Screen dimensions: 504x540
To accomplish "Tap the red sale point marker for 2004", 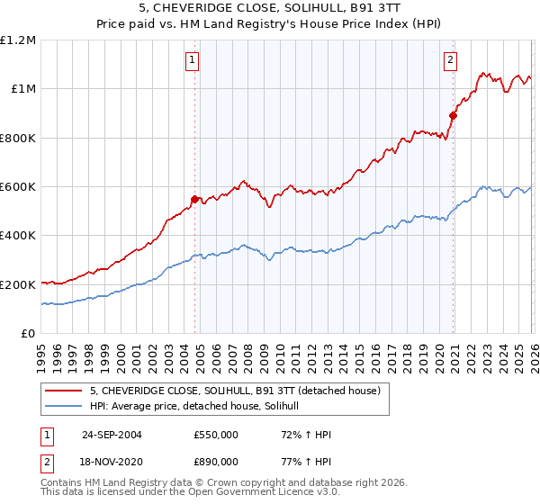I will coord(195,199).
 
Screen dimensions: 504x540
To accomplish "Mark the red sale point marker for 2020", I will coord(454,115).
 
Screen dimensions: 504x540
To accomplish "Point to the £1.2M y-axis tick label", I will coord(18,40).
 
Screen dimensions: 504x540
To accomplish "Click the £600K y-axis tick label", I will coord(18,187).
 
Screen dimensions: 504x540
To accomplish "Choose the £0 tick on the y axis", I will coord(29,333).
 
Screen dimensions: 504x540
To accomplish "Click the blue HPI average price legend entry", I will coord(200,406).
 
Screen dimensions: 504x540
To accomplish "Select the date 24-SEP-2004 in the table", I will coord(112,435).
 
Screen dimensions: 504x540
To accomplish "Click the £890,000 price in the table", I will coord(216,461).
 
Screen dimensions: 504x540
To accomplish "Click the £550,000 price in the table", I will coord(216,435).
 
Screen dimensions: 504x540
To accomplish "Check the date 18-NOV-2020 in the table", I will coord(112,461).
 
